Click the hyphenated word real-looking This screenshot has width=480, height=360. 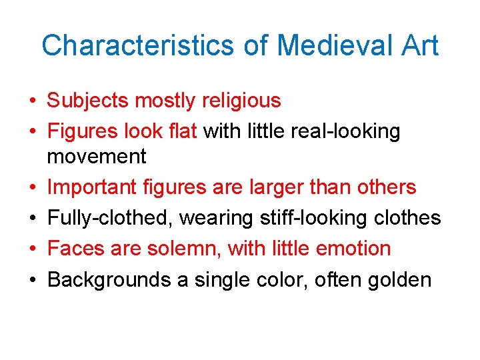pos(346,131)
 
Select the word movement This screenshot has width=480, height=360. pos(97,157)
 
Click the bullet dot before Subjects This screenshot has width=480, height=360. pos(32,101)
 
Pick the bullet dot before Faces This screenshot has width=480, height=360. pos(32,249)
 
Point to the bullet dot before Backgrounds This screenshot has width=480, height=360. pos(32,280)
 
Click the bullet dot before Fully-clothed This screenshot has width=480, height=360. pos(32,219)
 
